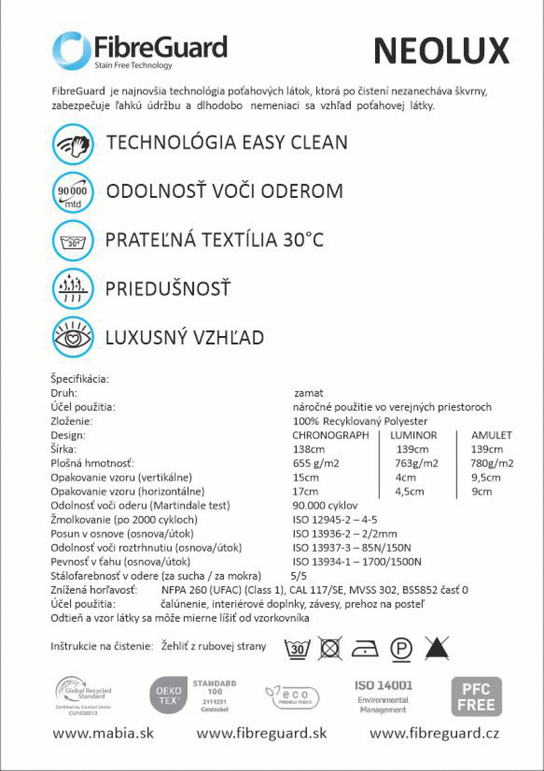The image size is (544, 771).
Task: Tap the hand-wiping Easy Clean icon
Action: [x=73, y=143]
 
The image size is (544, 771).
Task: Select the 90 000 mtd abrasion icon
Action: [x=73, y=191]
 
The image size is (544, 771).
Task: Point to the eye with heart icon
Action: [x=73, y=337]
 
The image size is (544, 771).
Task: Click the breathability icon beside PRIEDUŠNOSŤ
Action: [x=73, y=288]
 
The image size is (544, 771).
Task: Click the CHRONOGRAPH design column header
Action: [x=331, y=435]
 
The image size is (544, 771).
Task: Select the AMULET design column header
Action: [x=492, y=435]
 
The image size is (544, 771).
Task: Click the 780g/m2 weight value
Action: [x=493, y=463]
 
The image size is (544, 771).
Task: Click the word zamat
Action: [x=308, y=393]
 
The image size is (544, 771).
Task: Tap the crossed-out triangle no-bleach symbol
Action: [x=437, y=649]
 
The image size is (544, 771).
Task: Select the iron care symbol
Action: [x=364, y=650]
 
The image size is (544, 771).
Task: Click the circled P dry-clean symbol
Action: [x=401, y=650]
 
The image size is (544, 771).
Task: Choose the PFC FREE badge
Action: [x=477, y=696]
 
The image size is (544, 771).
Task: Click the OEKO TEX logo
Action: [x=165, y=696]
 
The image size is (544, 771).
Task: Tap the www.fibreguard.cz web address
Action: [x=434, y=733]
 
